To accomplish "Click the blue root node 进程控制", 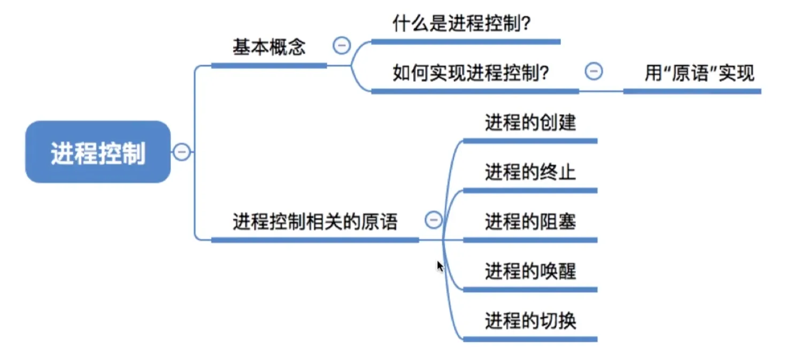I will (x=98, y=152).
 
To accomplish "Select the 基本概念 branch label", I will (x=269, y=47).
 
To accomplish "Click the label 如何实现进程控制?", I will (x=472, y=73).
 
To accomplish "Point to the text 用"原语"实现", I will (x=699, y=73).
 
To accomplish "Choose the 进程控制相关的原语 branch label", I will (x=315, y=221).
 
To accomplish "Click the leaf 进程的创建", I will (x=530, y=122).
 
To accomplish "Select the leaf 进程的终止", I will (x=530, y=172).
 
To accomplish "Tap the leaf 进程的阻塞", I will (x=530, y=221).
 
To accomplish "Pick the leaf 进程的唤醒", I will (x=530, y=271).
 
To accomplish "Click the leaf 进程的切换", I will (x=530, y=321).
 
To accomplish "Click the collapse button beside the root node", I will (x=182, y=152).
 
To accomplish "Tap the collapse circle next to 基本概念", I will (x=342, y=45).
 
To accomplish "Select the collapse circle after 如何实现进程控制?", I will (x=593, y=71).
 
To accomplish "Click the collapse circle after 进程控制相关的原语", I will (x=434, y=219).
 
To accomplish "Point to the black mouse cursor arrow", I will (x=440, y=266).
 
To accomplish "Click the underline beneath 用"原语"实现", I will (x=692, y=91).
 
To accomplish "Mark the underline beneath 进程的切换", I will (x=529, y=339).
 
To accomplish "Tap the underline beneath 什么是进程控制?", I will (x=466, y=42).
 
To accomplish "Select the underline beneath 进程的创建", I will (x=529, y=141).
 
